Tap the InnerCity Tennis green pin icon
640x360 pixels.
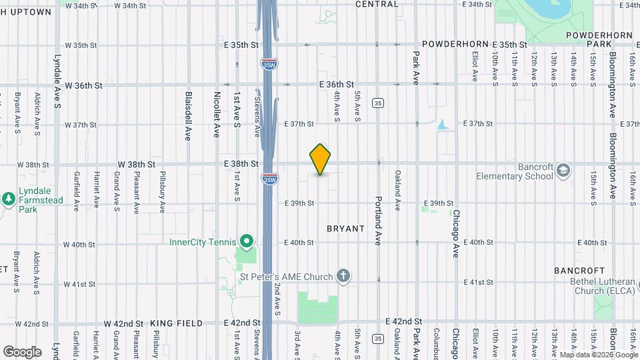tap(247, 241)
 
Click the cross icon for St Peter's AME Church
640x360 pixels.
tap(343, 275)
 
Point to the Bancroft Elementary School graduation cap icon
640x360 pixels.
tap(563, 170)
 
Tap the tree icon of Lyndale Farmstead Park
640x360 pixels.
tap(9, 199)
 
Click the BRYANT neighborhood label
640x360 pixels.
tap(345, 229)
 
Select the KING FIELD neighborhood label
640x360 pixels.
tap(176, 323)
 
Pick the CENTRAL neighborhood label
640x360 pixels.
tap(377, 4)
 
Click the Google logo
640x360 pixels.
tap(22, 351)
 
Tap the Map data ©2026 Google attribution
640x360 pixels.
tap(597, 355)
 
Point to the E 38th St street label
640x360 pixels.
tap(241, 164)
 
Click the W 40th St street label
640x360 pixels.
tap(80, 245)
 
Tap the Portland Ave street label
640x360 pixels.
tap(377, 221)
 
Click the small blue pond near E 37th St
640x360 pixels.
tap(442, 125)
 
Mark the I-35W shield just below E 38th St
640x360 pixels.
tap(269, 179)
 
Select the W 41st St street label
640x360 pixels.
tap(80, 284)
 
